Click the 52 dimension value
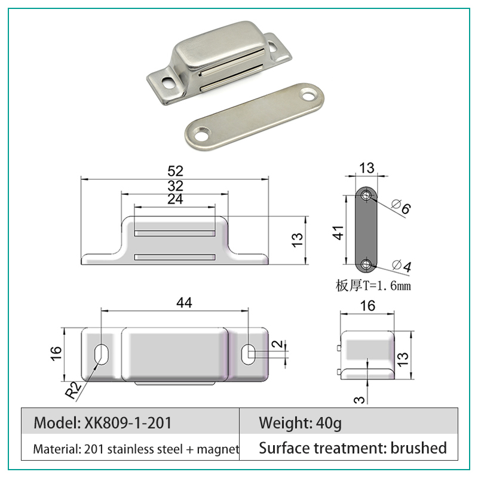tap(175, 171)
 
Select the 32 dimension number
tap(175, 186)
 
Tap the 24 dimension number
tap(175, 200)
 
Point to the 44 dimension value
tap(184, 303)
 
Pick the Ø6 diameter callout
tap(401, 206)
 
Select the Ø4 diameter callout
tap(402, 265)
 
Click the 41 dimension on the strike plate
tap(339, 233)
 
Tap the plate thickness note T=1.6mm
tap(373, 286)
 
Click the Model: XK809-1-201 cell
tap(103, 423)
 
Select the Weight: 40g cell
tap(301, 423)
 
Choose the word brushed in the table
tap(419, 448)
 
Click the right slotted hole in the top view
tap(249, 354)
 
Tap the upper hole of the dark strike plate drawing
tap(366, 195)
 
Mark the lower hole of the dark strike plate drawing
tap(366, 264)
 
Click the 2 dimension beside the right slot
tap(278, 344)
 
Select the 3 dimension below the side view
tap(360, 400)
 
